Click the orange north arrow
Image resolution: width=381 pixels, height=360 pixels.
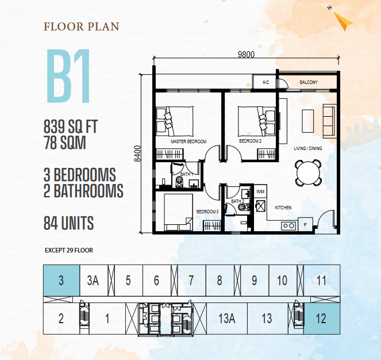(343, 22)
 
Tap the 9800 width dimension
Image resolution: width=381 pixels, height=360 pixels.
(246, 55)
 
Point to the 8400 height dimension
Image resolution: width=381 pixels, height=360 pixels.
(137, 154)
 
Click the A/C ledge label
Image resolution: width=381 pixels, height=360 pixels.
(266, 82)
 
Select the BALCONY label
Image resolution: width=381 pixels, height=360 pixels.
(309, 82)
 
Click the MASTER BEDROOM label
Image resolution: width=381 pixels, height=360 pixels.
(188, 141)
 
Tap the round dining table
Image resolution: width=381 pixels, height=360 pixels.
(308, 173)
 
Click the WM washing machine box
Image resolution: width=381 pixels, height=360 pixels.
(260, 192)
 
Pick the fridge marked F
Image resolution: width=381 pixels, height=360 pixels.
(305, 224)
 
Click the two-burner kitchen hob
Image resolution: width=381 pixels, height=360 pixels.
(289, 226)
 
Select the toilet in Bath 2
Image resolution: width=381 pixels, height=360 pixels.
(244, 207)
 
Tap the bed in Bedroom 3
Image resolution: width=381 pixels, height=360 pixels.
(178, 212)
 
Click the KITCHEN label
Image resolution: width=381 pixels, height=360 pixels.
(283, 208)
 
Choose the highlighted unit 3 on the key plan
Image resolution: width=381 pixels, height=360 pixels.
(61, 281)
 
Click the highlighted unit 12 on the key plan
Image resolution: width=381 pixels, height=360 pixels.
(322, 319)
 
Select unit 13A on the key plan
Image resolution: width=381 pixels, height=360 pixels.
(227, 319)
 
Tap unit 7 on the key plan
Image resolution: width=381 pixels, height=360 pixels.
(192, 281)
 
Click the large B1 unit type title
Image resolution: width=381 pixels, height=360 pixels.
(68, 76)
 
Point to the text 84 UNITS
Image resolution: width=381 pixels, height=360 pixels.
(69, 223)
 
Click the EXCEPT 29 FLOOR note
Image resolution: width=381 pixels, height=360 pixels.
(69, 250)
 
